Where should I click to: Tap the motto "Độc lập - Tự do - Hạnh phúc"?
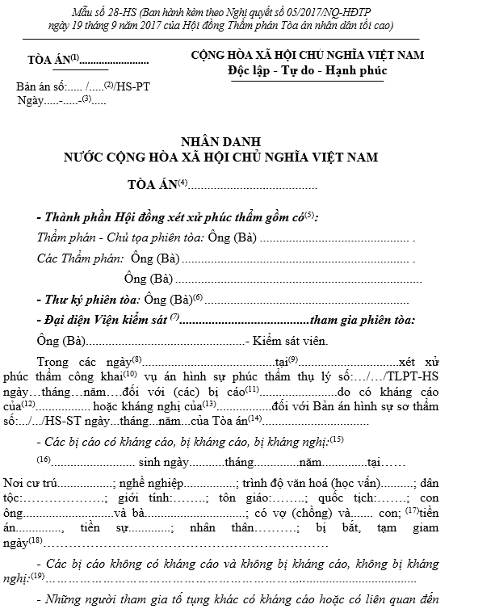click(x=308, y=70)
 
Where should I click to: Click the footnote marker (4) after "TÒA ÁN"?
click(x=182, y=183)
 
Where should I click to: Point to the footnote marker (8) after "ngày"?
click(x=136, y=359)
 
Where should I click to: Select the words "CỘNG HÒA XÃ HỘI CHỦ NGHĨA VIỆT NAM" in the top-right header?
click(x=308, y=56)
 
